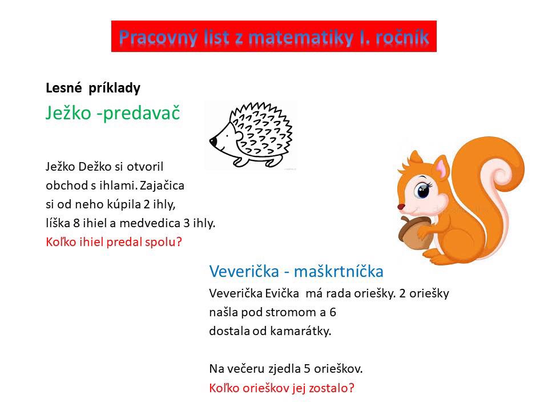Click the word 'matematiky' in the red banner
tap(301, 38)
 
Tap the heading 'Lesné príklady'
tap(93, 88)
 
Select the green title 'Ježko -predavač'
tap(113, 113)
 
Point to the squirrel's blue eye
tap(423, 191)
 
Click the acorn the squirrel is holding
tap(415, 233)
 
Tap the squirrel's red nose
tap(401, 207)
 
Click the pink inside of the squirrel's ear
tap(442, 169)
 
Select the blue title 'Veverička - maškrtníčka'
tap(296, 271)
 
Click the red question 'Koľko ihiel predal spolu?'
tap(114, 242)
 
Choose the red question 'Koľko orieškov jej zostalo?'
tap(281, 388)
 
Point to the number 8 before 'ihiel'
tap(76, 223)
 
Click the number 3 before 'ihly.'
tap(187, 223)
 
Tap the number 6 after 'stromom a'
tap(333, 312)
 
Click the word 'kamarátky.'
tap(300, 331)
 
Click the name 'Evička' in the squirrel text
tap(281, 293)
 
